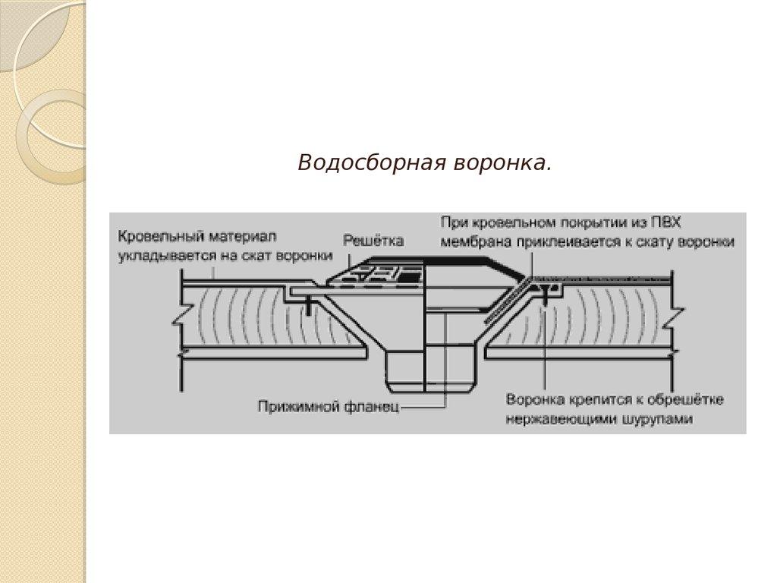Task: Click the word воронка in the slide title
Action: pyautogui.click(x=502, y=163)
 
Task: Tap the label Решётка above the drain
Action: pyautogui.click(x=373, y=241)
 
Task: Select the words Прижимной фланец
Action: pyautogui.click(x=328, y=406)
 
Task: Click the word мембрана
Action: pyautogui.click(x=470, y=242)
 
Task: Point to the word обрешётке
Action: pyautogui.click(x=686, y=399)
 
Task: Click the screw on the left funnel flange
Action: pyautogui.click(x=309, y=306)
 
